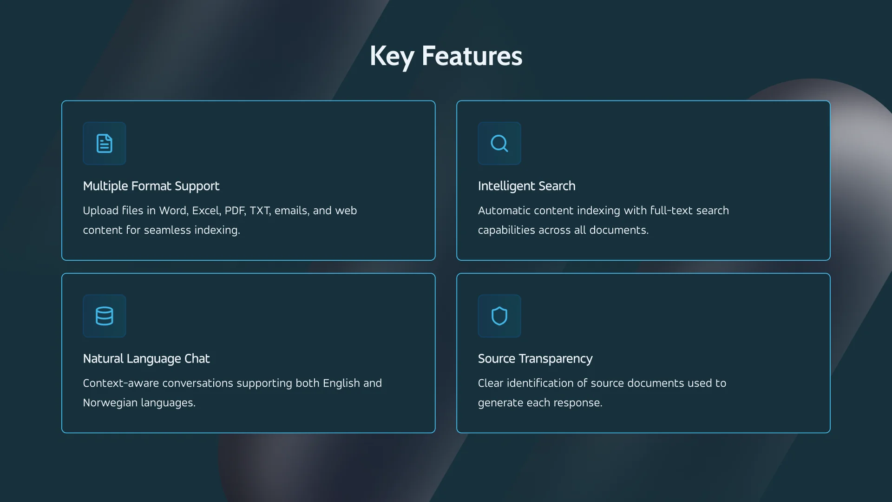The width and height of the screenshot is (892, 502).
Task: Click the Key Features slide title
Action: [x=446, y=56]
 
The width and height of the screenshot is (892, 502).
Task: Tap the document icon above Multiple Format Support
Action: [x=105, y=144]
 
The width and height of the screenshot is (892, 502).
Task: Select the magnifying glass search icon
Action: [x=499, y=144]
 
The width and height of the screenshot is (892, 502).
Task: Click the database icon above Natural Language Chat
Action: [x=105, y=316]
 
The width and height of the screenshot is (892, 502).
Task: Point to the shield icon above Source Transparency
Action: [x=499, y=316]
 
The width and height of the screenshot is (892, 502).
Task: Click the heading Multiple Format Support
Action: [x=151, y=186]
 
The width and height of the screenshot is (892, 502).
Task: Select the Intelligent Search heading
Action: [x=526, y=186]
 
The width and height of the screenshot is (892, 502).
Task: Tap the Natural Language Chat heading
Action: [x=146, y=359]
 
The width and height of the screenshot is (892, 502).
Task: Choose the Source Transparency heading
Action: [x=535, y=359]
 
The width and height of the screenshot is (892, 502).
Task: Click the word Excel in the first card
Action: [x=206, y=211]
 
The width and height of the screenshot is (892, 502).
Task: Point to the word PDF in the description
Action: [x=235, y=211]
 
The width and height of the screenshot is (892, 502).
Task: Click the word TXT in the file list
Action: [x=260, y=211]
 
